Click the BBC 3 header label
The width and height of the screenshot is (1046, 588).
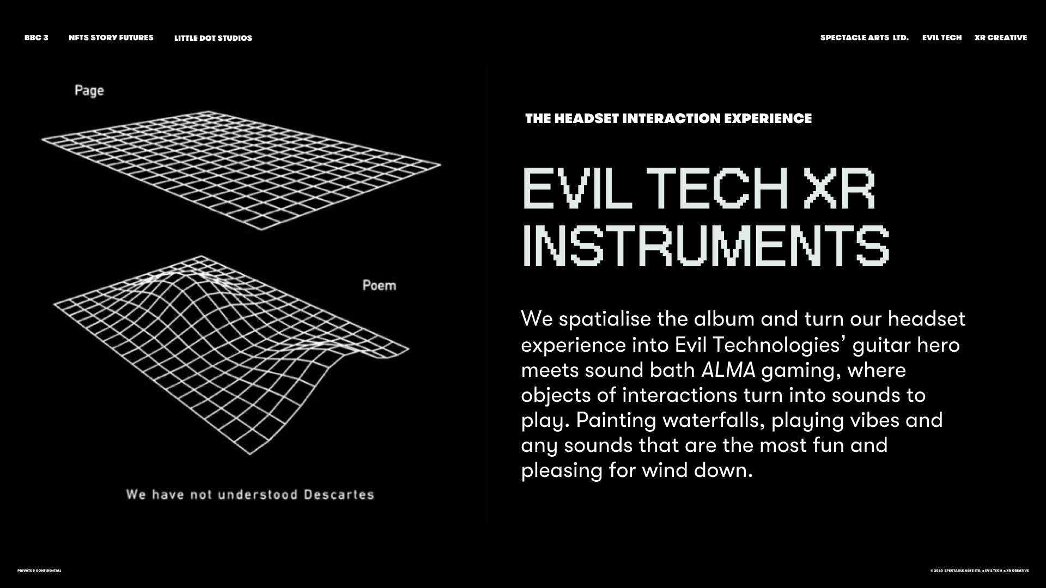click(36, 38)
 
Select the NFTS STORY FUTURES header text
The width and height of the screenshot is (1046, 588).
click(111, 38)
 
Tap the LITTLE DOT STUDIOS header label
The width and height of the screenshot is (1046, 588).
click(213, 38)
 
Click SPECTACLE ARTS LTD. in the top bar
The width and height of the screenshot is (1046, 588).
click(865, 38)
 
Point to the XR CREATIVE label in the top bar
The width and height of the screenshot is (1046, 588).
click(1001, 38)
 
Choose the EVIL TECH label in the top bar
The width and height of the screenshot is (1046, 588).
click(942, 38)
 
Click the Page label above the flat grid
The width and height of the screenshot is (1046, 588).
click(89, 91)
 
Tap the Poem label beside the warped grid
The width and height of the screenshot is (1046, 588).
click(379, 285)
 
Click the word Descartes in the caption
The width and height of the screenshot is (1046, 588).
click(339, 494)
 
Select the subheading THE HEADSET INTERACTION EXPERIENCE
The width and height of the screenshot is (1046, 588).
click(668, 119)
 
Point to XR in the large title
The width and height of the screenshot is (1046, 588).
click(840, 188)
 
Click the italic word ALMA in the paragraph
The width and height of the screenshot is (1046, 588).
click(728, 370)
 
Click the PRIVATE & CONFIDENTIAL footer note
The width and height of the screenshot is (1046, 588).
click(39, 571)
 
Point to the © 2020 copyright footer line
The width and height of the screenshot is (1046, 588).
click(980, 571)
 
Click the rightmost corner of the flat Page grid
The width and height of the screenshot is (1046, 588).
click(441, 164)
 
